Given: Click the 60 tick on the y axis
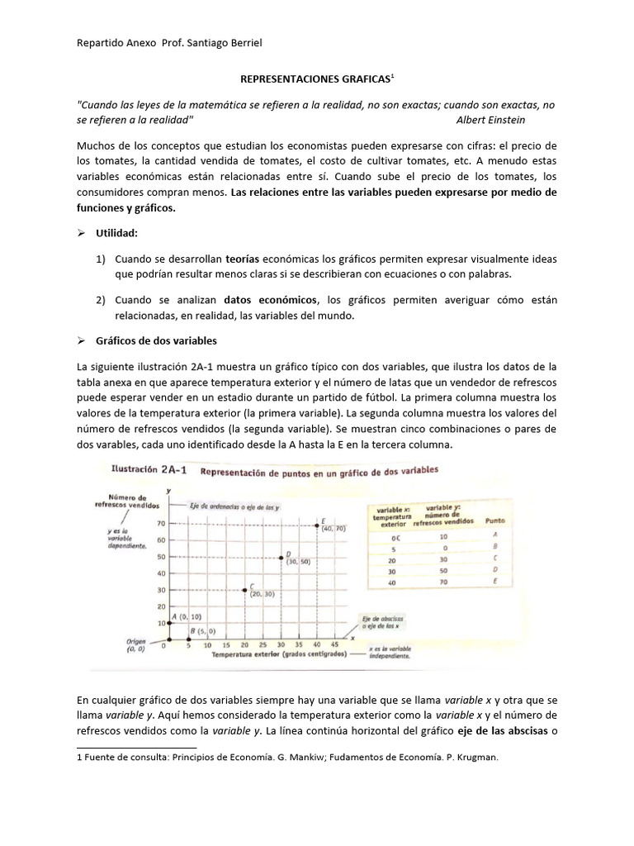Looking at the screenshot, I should [160, 540].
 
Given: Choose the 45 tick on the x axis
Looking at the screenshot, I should [334, 644].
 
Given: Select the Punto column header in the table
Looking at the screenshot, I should [495, 521].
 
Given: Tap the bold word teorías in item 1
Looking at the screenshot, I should [246, 259].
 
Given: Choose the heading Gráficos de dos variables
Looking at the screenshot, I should [158, 340].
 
